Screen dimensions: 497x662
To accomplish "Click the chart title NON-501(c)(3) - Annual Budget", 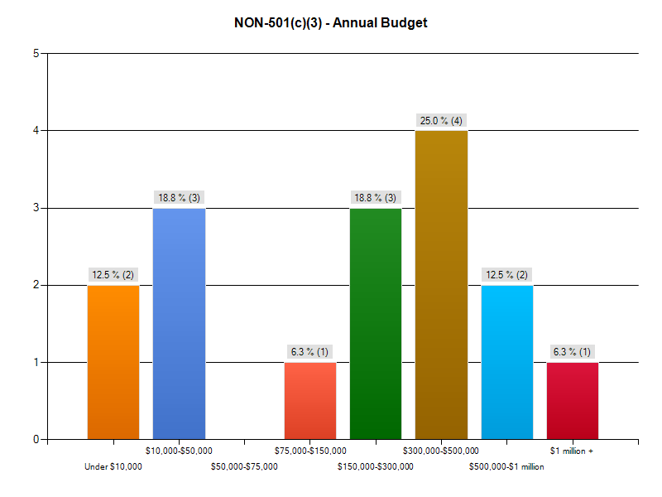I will pyautogui.click(x=331, y=23).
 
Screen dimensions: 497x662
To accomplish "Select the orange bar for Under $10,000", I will pyautogui.click(x=113, y=362).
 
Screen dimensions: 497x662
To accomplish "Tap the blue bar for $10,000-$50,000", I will pyautogui.click(x=179, y=323).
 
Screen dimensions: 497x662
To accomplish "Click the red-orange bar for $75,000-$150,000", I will pyautogui.click(x=310, y=400).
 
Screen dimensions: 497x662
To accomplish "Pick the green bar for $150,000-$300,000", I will pyautogui.click(x=376, y=323).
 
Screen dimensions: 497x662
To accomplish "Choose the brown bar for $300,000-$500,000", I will pyautogui.click(x=441, y=285).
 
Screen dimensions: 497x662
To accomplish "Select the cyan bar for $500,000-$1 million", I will pyautogui.click(x=507, y=362).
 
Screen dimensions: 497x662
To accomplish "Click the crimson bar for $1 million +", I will pyautogui.click(x=573, y=400).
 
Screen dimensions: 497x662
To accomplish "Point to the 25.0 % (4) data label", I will pyautogui.click(x=441, y=121).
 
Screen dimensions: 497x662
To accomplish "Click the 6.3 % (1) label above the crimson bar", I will pyautogui.click(x=573, y=352).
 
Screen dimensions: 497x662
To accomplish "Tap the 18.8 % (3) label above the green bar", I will pyautogui.click(x=376, y=198).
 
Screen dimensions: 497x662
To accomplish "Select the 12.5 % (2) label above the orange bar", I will pyautogui.click(x=113, y=275).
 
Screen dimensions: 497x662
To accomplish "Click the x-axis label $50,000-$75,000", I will pyautogui.click(x=244, y=466).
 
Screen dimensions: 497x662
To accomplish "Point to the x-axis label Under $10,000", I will pyautogui.click(x=113, y=466).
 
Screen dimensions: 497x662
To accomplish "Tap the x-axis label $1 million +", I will pyautogui.click(x=572, y=451).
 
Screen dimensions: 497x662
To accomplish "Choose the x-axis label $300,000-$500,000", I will pyautogui.click(x=441, y=451).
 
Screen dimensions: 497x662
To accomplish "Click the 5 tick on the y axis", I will pyautogui.click(x=36, y=54).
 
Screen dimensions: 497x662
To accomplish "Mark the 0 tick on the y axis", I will pyautogui.click(x=36, y=439).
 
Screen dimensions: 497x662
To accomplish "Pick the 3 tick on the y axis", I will pyautogui.click(x=36, y=208).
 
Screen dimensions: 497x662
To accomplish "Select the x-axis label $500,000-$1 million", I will pyautogui.click(x=506, y=466).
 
